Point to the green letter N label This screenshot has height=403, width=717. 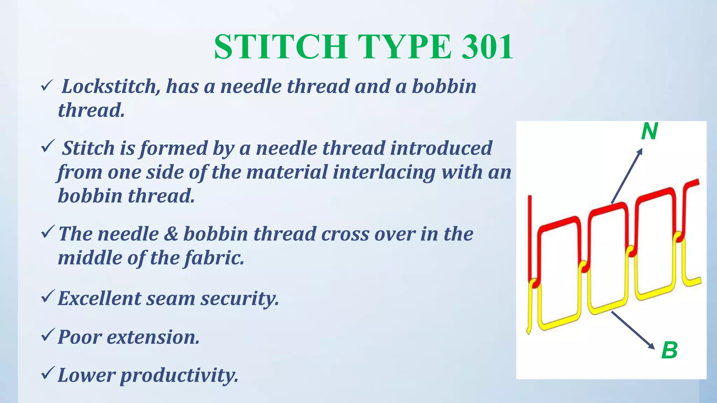(649, 132)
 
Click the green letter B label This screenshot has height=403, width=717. (669, 350)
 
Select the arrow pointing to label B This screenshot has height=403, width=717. (633, 330)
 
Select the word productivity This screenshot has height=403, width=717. (179, 375)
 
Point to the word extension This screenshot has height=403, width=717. (153, 337)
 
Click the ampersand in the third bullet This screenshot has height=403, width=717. (171, 234)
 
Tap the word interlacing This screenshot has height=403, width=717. (384, 172)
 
